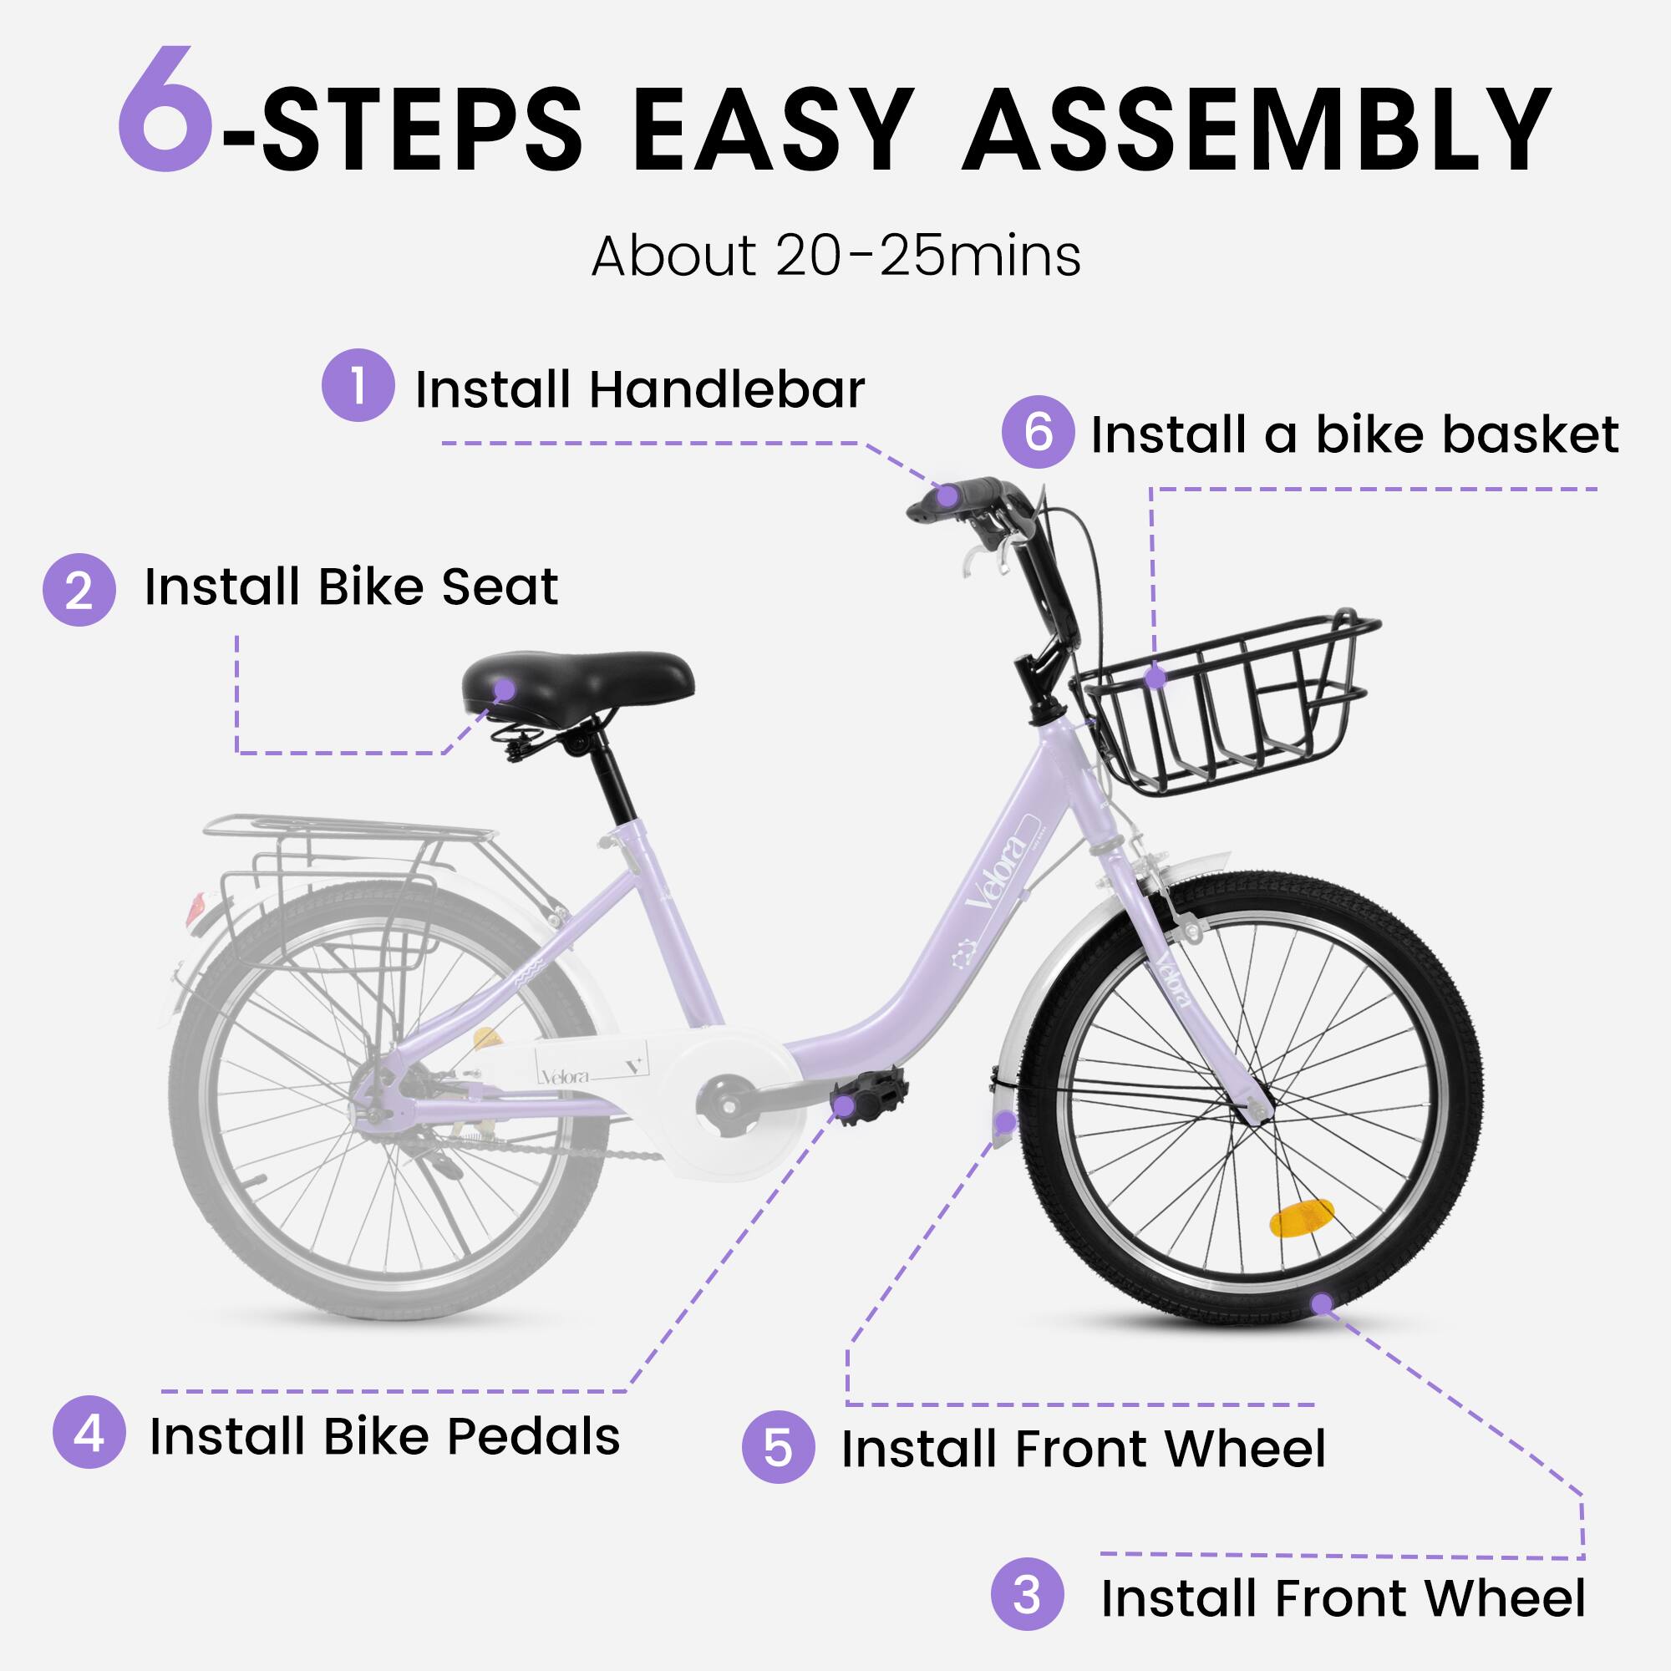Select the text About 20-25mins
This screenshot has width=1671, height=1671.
click(x=835, y=256)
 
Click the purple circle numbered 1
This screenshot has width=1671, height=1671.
click(x=358, y=386)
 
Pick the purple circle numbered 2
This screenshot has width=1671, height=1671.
click(x=79, y=590)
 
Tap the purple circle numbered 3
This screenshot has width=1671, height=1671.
click(x=1027, y=1594)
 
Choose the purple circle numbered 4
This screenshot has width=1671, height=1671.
click(x=89, y=1435)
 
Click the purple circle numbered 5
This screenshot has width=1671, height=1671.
click(x=778, y=1447)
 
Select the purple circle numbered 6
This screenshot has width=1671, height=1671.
click(x=1038, y=432)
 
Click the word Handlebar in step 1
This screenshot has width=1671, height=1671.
click(x=727, y=389)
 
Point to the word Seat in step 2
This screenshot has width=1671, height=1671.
click(x=499, y=587)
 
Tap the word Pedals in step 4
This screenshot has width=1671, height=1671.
click(x=533, y=1436)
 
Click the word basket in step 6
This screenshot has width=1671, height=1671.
click(x=1467, y=434)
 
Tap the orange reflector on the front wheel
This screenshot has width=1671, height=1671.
click(x=1301, y=1218)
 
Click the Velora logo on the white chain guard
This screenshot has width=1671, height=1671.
click(x=566, y=1077)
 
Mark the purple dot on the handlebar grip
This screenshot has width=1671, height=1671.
click(x=948, y=496)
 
